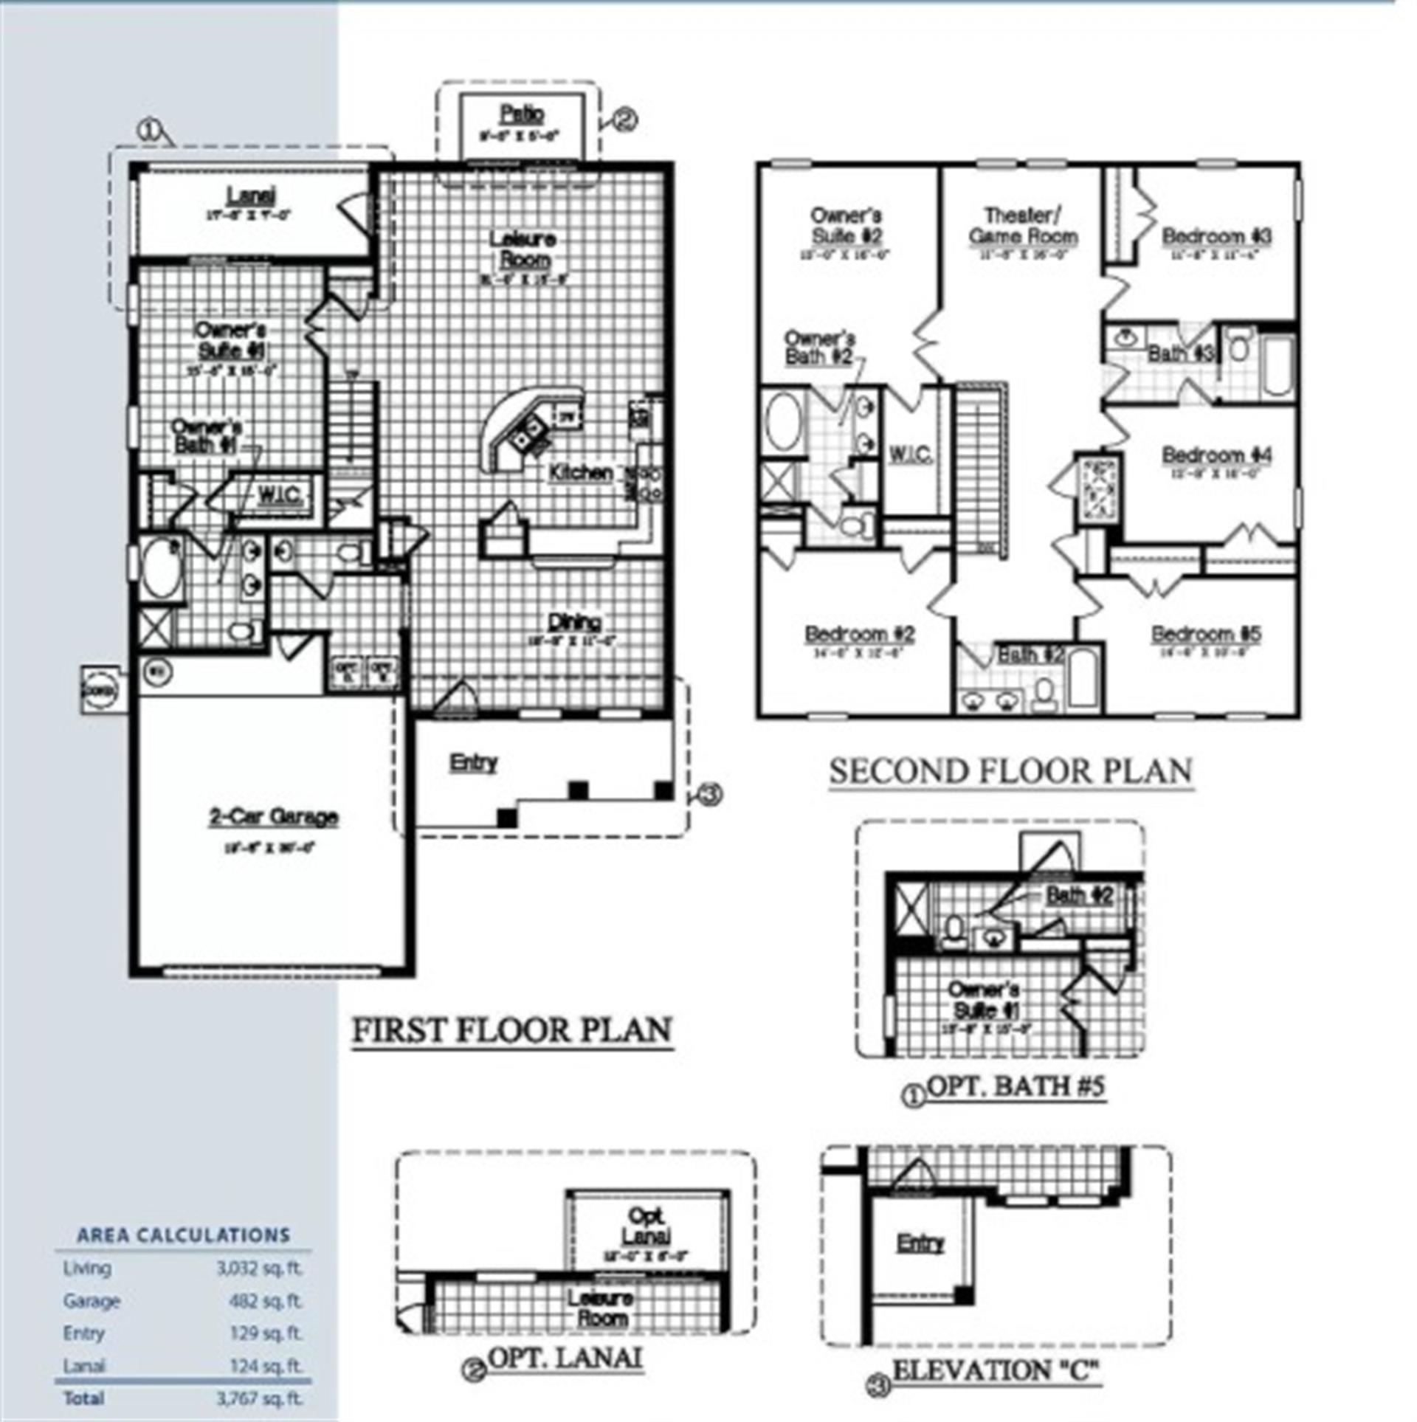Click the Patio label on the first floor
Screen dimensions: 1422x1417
523,114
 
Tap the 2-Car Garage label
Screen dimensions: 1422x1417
274,817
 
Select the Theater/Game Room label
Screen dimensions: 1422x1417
1023,226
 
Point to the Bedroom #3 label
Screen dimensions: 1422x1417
1216,237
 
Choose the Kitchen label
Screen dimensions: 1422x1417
581,473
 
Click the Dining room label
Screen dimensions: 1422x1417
575,621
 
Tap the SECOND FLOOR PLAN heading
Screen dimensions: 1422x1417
1010,772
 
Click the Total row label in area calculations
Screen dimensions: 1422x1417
84,1398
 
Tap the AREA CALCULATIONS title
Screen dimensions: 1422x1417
184,1235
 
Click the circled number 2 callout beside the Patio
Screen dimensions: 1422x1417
625,120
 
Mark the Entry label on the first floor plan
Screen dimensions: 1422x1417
474,762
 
